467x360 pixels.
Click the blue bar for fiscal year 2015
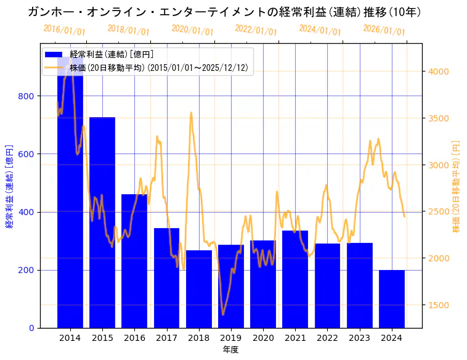(102, 222)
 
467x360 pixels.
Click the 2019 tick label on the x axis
(231, 338)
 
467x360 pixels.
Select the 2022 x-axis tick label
(327, 338)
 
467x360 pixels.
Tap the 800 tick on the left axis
(27, 96)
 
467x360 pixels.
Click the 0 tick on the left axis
(31, 329)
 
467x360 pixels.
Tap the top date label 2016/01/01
(65, 30)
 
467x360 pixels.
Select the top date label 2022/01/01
(256, 30)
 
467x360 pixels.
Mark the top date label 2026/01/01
(384, 30)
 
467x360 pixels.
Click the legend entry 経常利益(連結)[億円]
(112, 55)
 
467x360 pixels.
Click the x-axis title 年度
(231, 350)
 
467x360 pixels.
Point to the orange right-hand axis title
(456, 186)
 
